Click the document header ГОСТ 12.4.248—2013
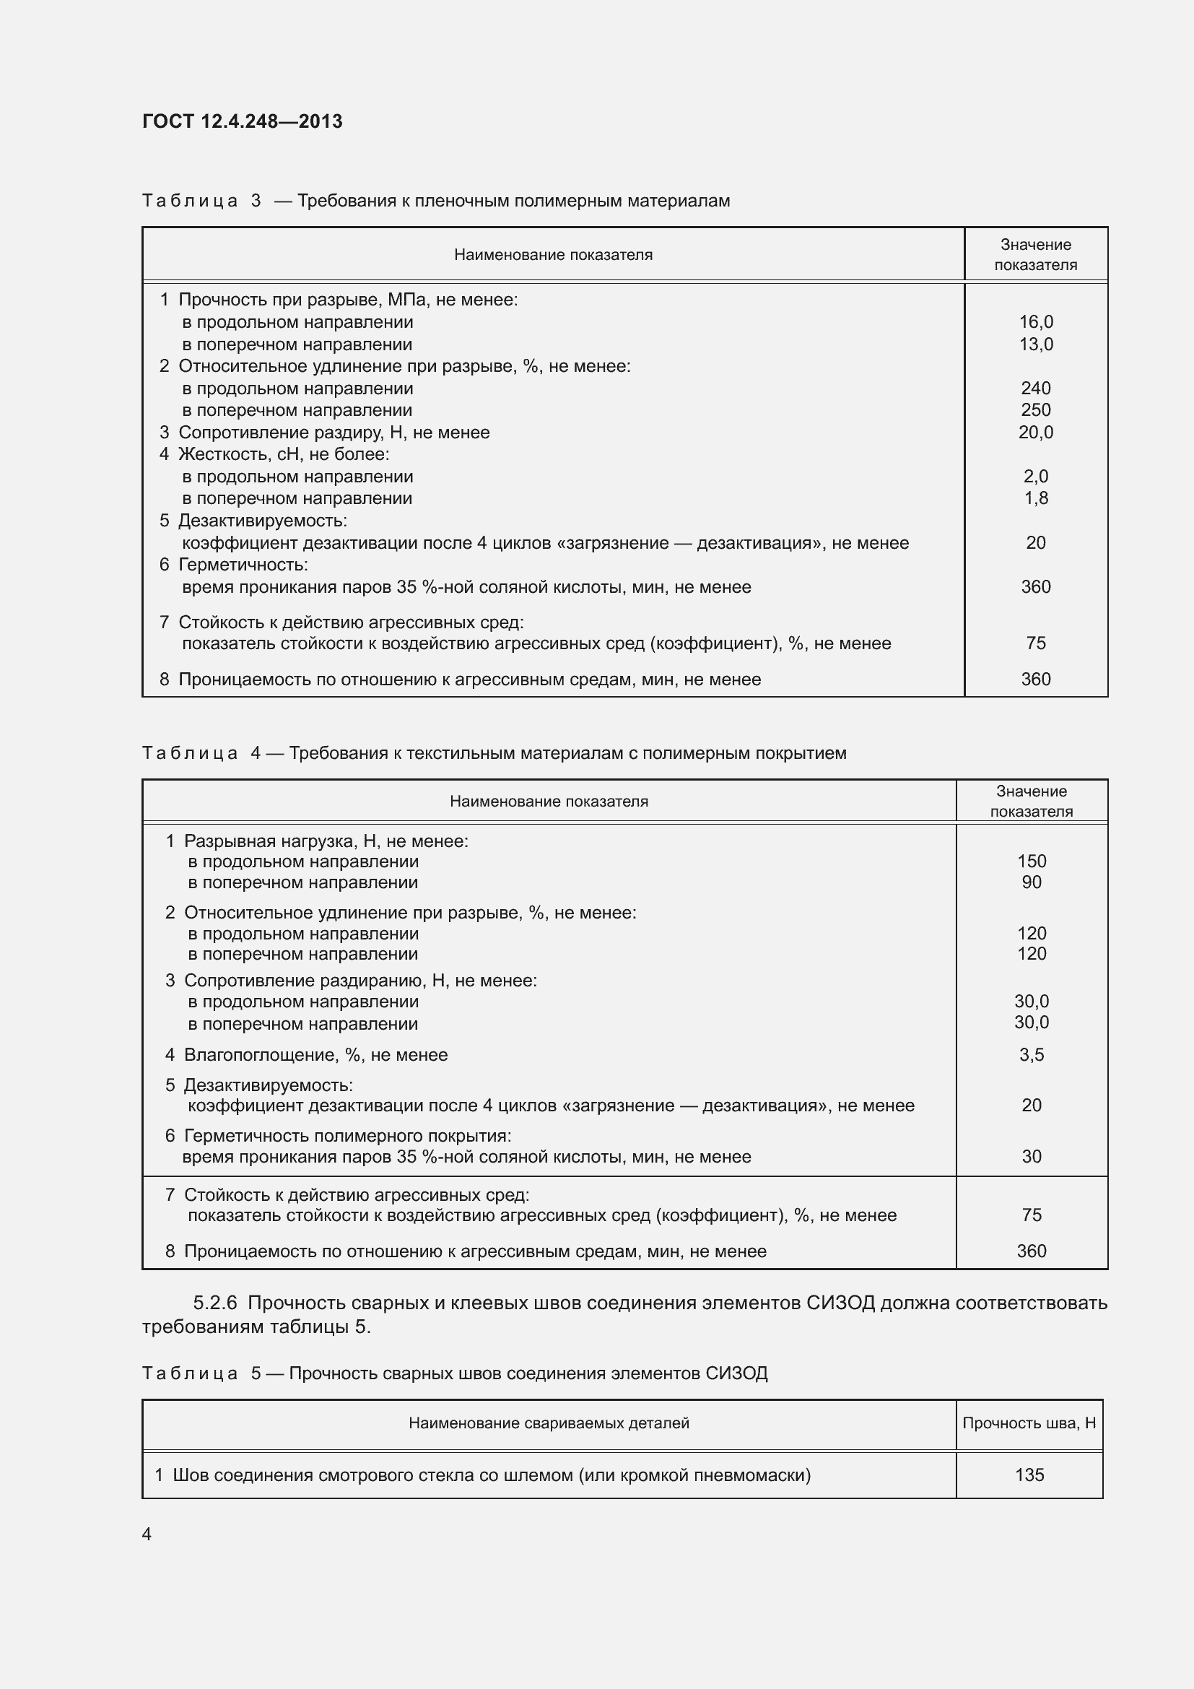242,121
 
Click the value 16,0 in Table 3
1035,322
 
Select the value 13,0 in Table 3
1035,344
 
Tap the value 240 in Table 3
1035,388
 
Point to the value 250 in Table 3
1035,409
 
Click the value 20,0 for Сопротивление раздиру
1035,433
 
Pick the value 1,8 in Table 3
1035,498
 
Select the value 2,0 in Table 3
1035,477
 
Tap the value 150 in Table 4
1031,861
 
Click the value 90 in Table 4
1031,882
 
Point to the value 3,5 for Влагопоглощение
1031,1055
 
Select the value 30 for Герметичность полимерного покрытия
1031,1157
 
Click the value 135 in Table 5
1029,1475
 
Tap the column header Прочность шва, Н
1029,1423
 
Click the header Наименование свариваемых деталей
549,1423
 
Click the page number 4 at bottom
147,1534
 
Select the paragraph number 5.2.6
214,1303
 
